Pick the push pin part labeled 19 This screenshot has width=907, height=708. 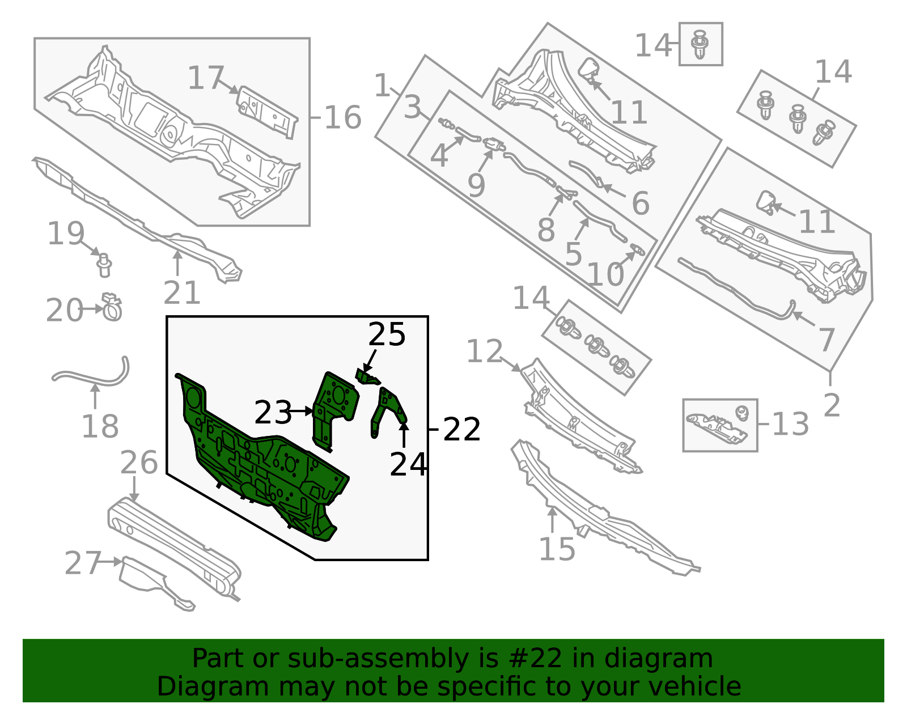point(104,265)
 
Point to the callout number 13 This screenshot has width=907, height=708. point(790,424)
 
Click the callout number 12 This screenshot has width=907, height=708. point(484,351)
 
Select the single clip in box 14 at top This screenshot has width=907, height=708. point(701,44)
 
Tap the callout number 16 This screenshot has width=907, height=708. point(342,118)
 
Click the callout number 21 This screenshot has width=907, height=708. point(182,293)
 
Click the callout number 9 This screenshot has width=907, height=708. point(476,185)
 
